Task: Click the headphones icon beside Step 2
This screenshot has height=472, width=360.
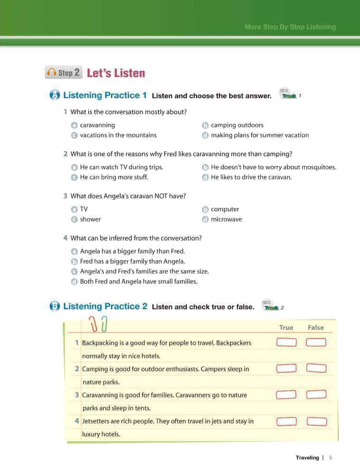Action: coord(51,73)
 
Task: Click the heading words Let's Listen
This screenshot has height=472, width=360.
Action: coord(116,73)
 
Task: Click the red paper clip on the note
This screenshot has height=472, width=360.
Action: coord(94,324)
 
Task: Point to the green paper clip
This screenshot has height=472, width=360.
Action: coord(104,324)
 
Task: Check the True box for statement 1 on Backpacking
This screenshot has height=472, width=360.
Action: coord(286,342)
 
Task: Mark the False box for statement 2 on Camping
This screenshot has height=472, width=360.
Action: coord(316,368)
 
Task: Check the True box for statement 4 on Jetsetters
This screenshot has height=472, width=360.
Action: coord(286,421)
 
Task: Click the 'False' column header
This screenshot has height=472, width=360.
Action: coord(316,328)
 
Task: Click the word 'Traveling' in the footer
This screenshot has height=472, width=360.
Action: coord(307,457)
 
